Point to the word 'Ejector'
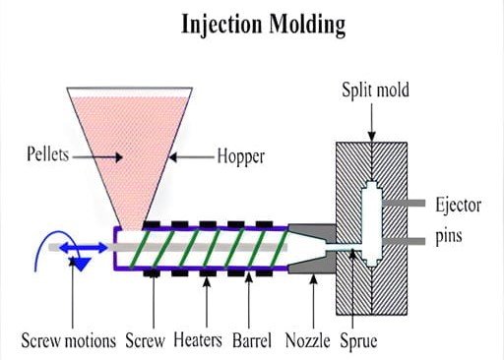click(458, 206)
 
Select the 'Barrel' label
click(261, 342)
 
